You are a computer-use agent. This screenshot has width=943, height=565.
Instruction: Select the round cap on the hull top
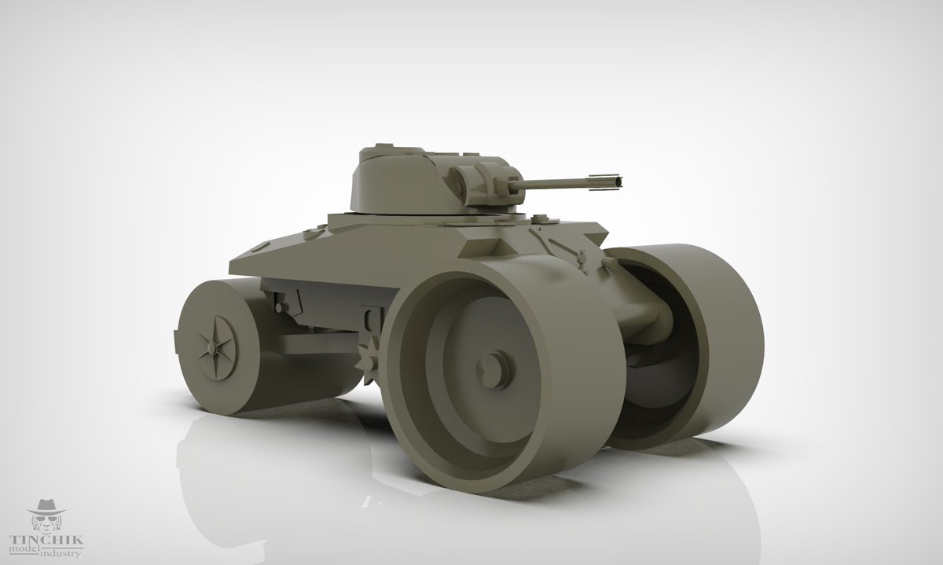click(540, 218)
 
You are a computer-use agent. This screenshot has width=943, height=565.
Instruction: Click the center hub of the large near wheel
click(491, 369)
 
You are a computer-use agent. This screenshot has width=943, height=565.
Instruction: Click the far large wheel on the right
click(691, 345)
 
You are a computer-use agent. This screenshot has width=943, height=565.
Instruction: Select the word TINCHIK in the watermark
click(46, 540)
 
